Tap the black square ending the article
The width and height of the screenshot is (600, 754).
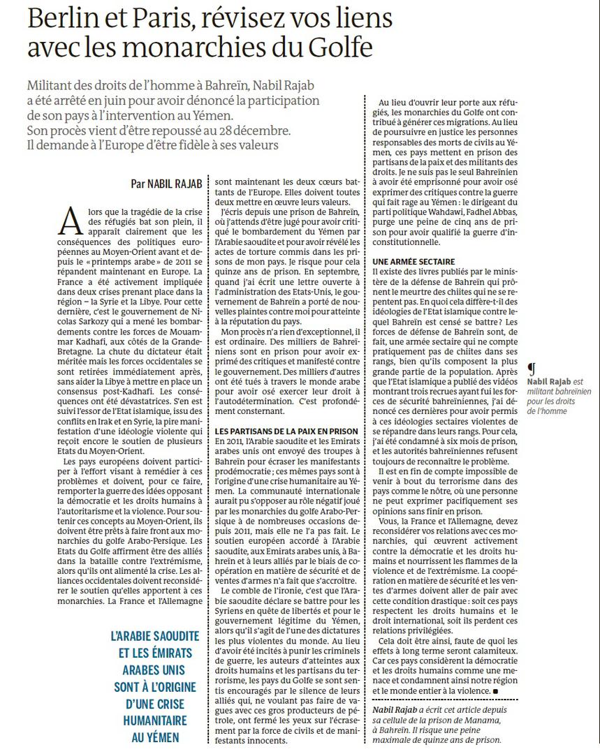point(495,691)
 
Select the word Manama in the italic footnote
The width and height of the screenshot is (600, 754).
point(476,720)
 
